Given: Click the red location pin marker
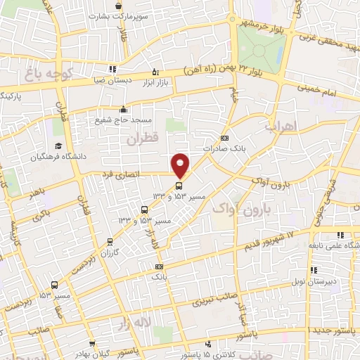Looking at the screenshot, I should click(x=181, y=165).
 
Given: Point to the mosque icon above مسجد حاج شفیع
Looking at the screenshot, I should click(x=124, y=109).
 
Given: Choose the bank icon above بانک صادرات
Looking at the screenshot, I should click(x=224, y=138).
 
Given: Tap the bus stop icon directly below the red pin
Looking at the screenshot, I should click(x=179, y=186).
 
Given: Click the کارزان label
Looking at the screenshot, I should click(x=124, y=251).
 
